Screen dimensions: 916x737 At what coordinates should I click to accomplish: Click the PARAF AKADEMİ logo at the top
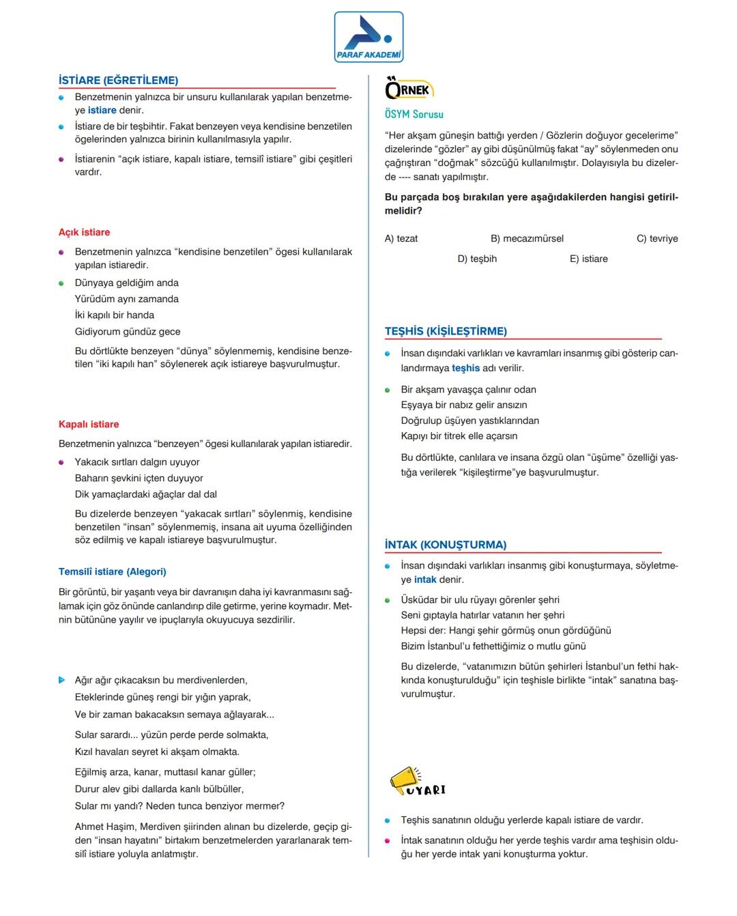(x=369, y=38)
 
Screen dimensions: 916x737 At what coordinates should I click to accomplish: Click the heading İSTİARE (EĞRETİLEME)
(x=118, y=81)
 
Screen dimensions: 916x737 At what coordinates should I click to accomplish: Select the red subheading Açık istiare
(x=84, y=232)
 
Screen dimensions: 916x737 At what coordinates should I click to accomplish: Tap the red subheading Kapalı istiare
(x=89, y=424)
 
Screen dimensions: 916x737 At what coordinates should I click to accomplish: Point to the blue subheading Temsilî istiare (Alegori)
(x=113, y=571)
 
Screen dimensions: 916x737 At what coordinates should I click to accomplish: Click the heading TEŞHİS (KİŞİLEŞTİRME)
(x=446, y=331)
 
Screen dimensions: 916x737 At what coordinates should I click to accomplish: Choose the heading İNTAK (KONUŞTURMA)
(x=446, y=545)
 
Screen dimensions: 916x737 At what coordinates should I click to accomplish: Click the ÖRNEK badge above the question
(x=409, y=90)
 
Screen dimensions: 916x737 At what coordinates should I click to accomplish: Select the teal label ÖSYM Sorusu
(x=414, y=115)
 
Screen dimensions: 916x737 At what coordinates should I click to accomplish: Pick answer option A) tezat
(x=401, y=238)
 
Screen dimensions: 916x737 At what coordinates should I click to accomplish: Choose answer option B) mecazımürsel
(x=527, y=238)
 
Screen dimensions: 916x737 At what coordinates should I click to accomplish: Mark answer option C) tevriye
(x=657, y=238)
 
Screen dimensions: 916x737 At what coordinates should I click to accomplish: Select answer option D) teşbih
(x=477, y=259)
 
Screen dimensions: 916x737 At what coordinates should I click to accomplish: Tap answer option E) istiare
(x=588, y=259)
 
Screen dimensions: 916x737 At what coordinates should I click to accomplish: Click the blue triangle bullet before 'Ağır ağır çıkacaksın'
(x=62, y=680)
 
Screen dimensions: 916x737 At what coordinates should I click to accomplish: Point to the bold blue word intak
(x=425, y=579)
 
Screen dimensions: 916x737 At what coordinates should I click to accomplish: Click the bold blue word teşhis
(x=465, y=368)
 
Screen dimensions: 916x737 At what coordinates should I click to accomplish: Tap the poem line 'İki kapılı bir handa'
(x=115, y=315)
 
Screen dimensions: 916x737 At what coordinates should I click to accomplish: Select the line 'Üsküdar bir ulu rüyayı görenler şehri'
(x=480, y=599)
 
